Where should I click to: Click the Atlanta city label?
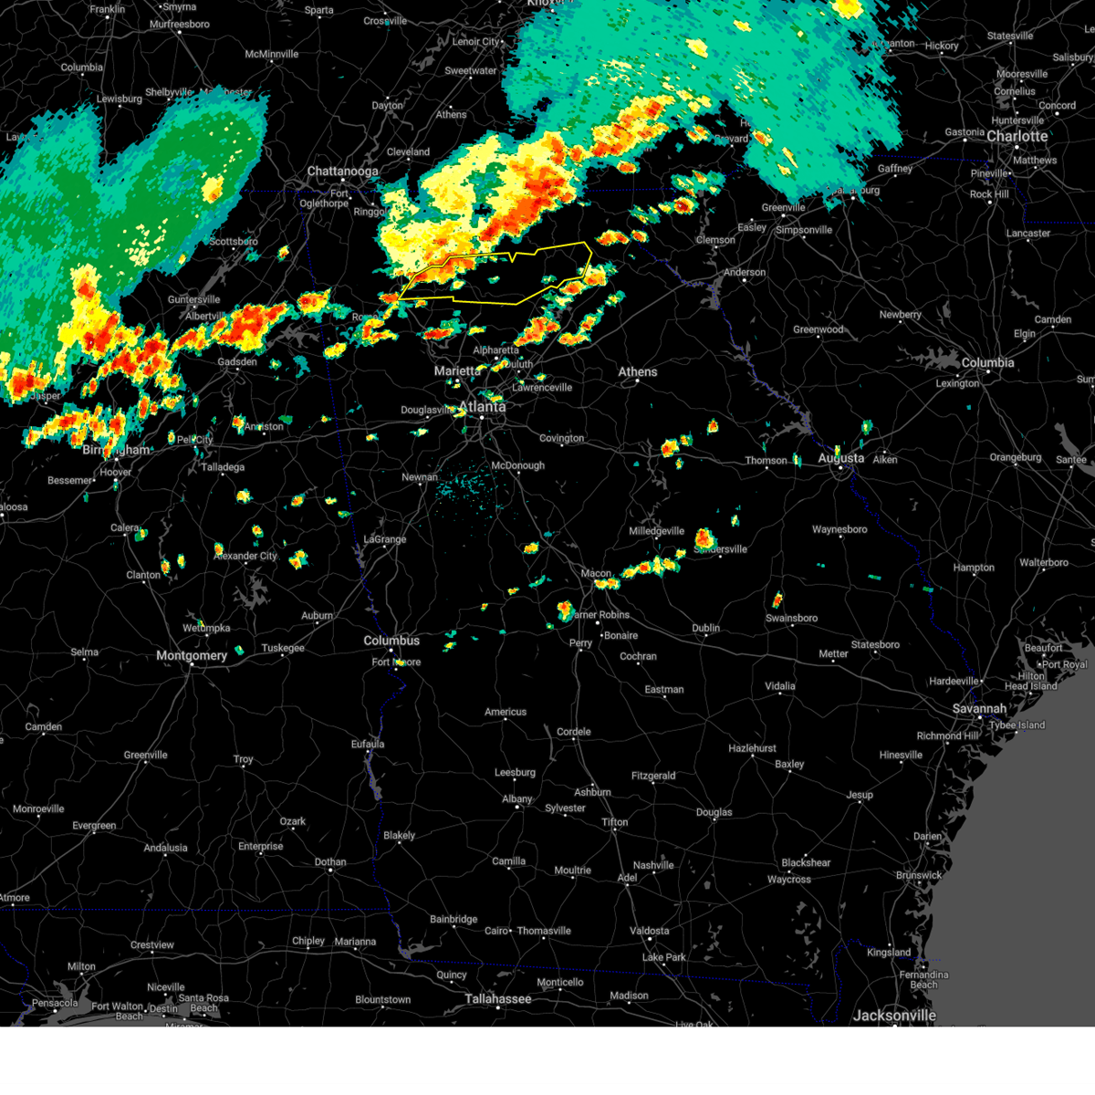(x=482, y=407)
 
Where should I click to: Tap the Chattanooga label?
(x=342, y=172)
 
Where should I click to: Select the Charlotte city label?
(x=1017, y=137)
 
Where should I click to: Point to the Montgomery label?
(x=191, y=656)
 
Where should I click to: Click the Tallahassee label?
(x=497, y=999)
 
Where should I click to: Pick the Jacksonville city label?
(x=894, y=1016)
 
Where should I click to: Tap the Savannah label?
(x=979, y=709)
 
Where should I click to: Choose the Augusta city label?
(x=840, y=458)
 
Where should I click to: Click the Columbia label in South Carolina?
(x=987, y=363)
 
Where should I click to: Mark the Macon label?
(x=596, y=574)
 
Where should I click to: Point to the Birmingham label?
(x=116, y=451)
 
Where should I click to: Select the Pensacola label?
(x=55, y=1003)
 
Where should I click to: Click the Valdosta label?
(x=649, y=932)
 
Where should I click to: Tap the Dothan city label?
(x=330, y=862)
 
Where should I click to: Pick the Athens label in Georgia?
(x=637, y=372)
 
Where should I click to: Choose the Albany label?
(x=516, y=799)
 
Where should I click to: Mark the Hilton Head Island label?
(x=1032, y=681)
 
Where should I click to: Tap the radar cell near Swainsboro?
(x=777, y=600)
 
